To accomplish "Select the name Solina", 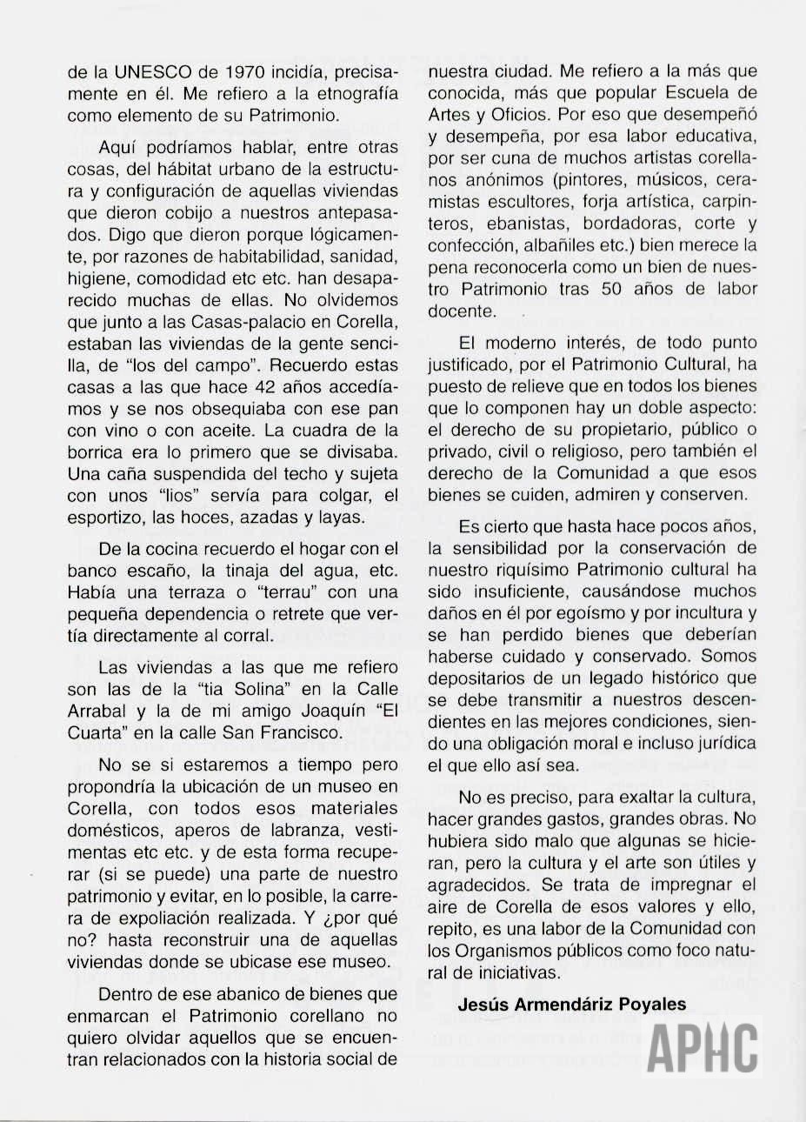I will click(223, 690).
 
